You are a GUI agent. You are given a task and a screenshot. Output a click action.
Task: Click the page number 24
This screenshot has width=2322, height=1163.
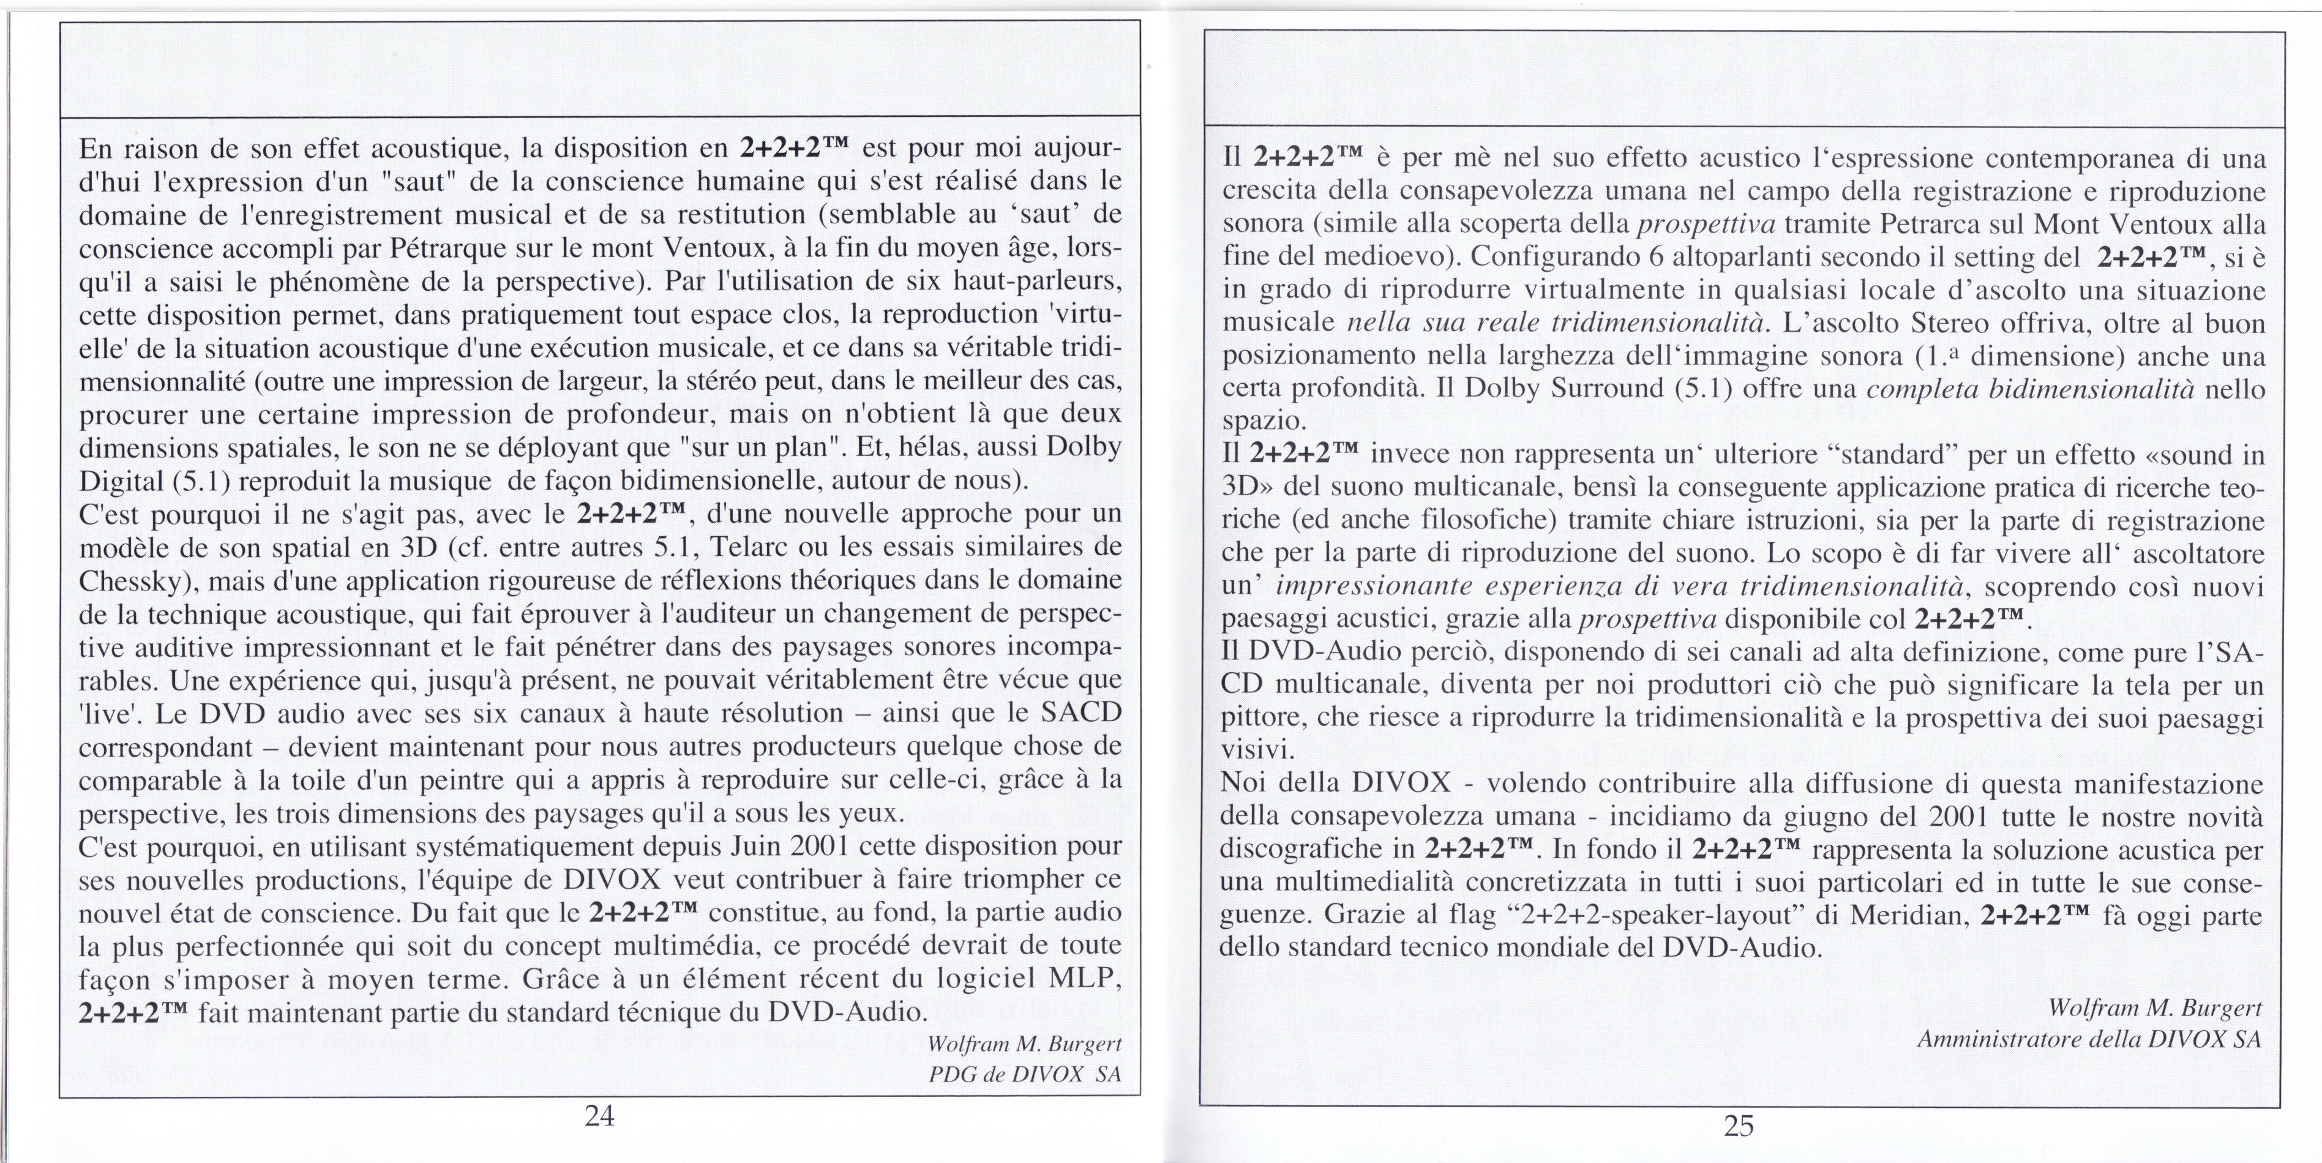[x=599, y=1116]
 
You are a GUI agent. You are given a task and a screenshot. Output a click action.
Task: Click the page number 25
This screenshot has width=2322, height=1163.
[x=1739, y=1126]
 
